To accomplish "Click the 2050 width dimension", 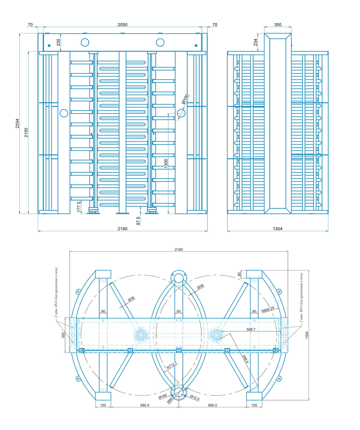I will click(122, 25).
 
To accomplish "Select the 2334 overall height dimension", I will click(17, 123).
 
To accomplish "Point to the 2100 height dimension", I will click(26, 132).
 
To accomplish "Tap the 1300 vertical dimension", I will click(166, 163).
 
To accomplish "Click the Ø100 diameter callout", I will click(185, 99).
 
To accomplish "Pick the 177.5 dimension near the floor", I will click(79, 207).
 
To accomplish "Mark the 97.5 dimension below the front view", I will click(138, 221).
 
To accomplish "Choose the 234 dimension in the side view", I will click(255, 42).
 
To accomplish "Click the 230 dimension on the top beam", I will click(58, 42).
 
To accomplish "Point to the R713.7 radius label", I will click(172, 365).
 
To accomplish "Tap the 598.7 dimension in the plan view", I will click(251, 329).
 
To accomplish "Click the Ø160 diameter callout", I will click(163, 396).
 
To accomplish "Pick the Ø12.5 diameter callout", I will click(195, 398).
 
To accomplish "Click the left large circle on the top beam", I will click(85, 42).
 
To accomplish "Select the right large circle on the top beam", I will click(160, 42).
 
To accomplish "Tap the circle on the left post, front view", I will click(64, 113).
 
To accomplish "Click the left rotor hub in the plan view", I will click(141, 335).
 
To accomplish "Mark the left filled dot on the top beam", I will click(49, 46).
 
